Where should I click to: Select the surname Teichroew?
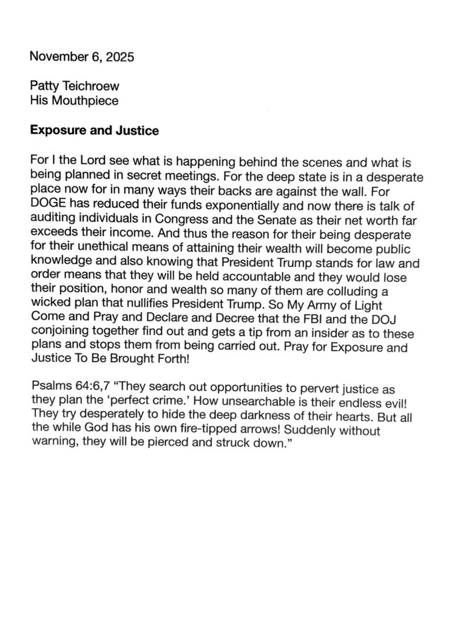pos(89,87)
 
